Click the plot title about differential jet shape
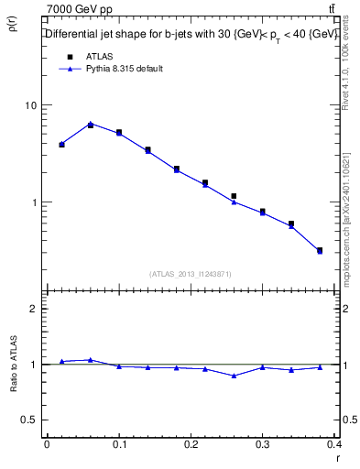coord(188,35)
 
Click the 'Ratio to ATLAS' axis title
coord(13,364)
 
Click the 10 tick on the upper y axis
coord(30,105)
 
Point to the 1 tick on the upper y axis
coord(33,202)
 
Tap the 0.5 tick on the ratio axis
coord(28,420)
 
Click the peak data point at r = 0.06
coord(90,124)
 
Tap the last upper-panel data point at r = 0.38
coord(320,250)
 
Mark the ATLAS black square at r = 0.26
coord(234,196)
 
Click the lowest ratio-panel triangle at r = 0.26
coord(234,376)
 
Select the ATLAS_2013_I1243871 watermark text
coord(191,274)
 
